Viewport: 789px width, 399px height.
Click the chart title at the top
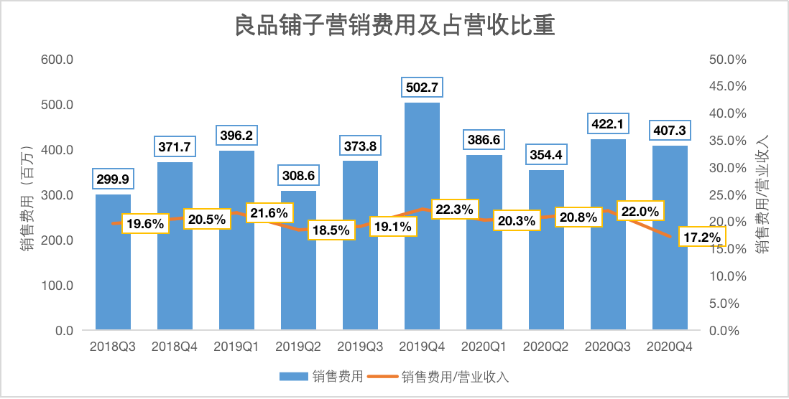click(394, 28)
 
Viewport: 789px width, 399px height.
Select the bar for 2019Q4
click(422, 273)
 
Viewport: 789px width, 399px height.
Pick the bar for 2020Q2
click(546, 280)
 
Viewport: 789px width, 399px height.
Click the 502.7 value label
click(422, 88)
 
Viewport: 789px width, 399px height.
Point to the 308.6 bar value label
click(298, 175)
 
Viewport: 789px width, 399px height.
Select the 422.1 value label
click(608, 124)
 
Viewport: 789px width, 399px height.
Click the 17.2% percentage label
click(701, 236)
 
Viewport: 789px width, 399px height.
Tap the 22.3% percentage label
click(454, 210)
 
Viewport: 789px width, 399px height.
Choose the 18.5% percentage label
click(331, 230)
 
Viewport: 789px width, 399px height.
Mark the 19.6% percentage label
click(146, 223)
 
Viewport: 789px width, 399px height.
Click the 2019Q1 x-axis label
click(236, 347)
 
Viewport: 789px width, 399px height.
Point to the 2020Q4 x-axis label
click(670, 347)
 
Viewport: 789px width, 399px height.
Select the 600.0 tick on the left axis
click(57, 60)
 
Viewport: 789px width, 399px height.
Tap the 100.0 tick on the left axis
click(57, 286)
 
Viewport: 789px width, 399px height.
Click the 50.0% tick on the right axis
click(728, 60)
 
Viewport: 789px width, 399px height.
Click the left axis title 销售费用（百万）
click(28, 194)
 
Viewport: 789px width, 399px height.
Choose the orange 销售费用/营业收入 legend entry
click(439, 377)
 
